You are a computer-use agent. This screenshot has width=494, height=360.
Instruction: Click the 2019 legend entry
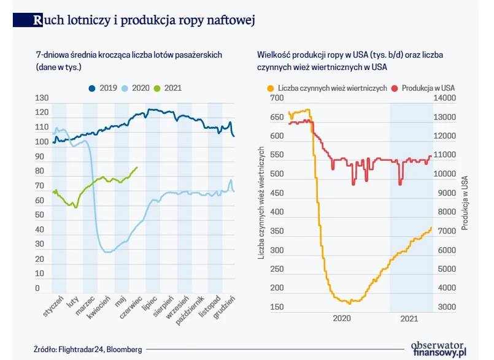104,88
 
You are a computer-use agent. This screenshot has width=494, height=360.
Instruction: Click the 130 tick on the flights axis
42,98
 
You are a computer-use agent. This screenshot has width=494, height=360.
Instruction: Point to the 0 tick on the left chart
38,288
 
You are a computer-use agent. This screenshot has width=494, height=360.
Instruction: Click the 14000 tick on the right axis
446,98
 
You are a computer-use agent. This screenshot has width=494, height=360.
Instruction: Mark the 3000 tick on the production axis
446,307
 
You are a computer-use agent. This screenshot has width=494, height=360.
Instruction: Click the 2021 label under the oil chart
409,318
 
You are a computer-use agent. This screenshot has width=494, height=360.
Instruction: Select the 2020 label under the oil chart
341,318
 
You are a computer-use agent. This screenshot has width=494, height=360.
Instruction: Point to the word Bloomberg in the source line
125,350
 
